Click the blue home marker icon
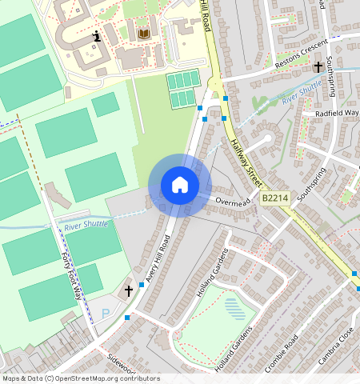180,185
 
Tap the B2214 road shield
274,197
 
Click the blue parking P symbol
106,313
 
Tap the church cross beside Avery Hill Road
128,292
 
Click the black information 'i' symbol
98,35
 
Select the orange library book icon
144,34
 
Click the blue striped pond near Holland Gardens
235,308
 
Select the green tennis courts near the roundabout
182,89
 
